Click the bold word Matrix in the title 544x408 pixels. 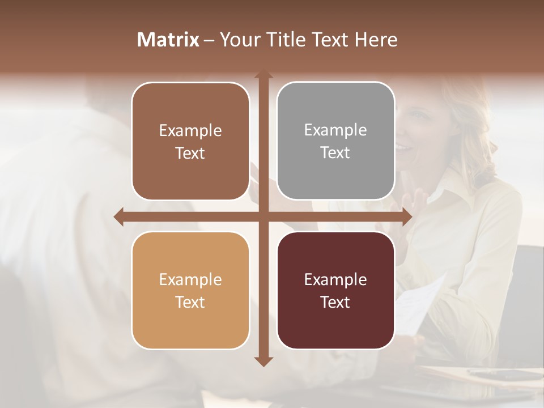(168, 40)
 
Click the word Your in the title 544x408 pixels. (238, 40)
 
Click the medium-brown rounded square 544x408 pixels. (190, 141)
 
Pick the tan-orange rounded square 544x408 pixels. (190, 290)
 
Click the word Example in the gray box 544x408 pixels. (335, 130)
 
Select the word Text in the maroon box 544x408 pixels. (335, 302)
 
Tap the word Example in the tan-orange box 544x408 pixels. (190, 279)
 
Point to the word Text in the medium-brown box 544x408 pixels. (190, 153)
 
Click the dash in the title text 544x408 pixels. (209, 40)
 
